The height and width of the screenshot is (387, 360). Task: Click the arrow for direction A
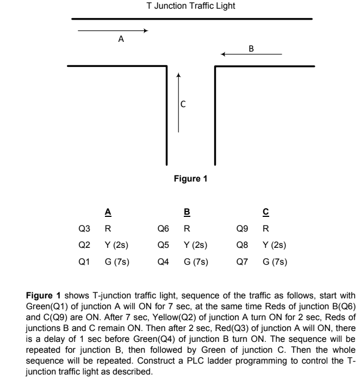113,30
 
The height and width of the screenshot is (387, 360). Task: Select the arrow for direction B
251,54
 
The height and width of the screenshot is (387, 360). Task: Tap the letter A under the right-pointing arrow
121,39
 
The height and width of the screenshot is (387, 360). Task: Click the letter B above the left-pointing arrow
251,47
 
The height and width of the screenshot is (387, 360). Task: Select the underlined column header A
108,212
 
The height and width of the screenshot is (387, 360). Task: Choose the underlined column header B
187,212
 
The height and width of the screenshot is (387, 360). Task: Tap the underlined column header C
266,212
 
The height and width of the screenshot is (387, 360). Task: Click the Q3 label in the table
84,228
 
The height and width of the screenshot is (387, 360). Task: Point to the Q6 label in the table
163,228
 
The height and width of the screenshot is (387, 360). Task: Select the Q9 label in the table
242,228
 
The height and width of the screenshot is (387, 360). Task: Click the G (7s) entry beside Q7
275,261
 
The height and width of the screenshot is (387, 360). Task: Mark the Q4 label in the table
163,261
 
